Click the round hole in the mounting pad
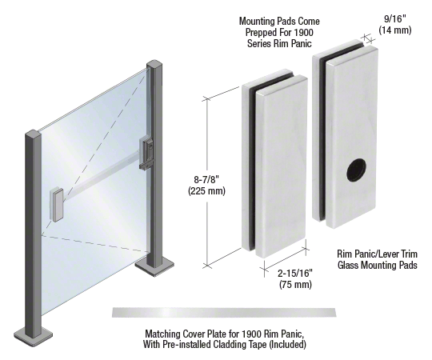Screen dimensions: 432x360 point(357,170)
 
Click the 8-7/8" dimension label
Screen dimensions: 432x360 point(206,179)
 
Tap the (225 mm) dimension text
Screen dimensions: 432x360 point(206,190)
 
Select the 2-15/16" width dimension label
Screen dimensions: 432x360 point(295,274)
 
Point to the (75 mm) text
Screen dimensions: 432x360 point(295,284)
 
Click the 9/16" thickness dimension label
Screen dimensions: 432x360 point(395,18)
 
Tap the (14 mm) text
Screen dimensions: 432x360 point(395,30)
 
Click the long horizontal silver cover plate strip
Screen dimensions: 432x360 point(224,313)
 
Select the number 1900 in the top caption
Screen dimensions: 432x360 point(303,32)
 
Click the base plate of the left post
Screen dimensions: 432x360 point(33,336)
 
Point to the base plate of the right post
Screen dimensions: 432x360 point(154,266)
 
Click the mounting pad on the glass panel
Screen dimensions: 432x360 point(57,204)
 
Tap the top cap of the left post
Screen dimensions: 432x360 point(33,134)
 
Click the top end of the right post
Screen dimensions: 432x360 point(154,64)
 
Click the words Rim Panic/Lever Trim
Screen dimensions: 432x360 point(377,254)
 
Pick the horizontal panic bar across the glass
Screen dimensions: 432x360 point(101,173)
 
